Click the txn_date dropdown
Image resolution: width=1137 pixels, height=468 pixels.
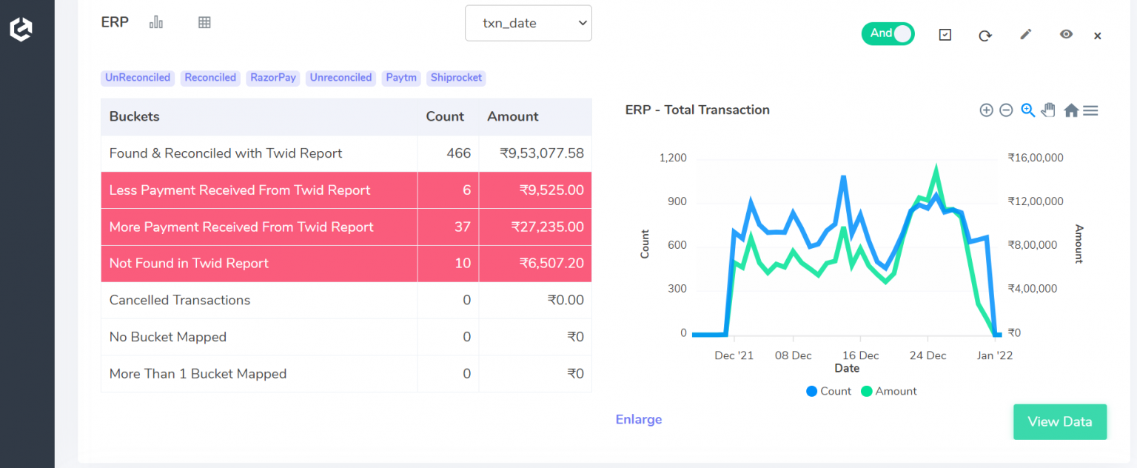pyautogui.click(x=528, y=24)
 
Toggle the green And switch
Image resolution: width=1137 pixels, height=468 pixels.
pyautogui.click(x=888, y=33)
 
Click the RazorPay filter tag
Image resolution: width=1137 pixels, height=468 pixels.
pyautogui.click(x=273, y=78)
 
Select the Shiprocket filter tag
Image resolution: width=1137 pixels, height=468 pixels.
pyautogui.click(x=456, y=78)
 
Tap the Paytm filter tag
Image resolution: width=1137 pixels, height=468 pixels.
pyautogui.click(x=401, y=78)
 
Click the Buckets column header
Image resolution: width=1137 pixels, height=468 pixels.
pyautogui.click(x=135, y=116)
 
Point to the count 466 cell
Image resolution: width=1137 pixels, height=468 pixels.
pyautogui.click(x=458, y=153)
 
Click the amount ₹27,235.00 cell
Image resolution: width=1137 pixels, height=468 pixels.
pyautogui.click(x=547, y=227)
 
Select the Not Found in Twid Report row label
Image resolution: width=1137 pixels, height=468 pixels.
pyautogui.click(x=189, y=264)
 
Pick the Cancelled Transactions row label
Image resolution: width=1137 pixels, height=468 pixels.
pyautogui.click(x=180, y=300)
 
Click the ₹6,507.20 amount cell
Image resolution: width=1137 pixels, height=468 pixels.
pyautogui.click(x=551, y=264)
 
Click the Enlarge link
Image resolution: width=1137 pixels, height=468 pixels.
pyautogui.click(x=639, y=420)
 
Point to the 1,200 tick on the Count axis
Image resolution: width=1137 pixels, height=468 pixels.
pyautogui.click(x=673, y=158)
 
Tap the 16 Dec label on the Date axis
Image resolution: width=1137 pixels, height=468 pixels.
pyautogui.click(x=860, y=355)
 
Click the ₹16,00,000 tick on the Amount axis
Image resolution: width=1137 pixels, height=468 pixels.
pyautogui.click(x=1036, y=158)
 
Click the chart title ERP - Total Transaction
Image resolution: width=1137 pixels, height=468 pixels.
pyautogui.click(x=697, y=110)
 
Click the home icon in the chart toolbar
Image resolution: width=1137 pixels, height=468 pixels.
pyautogui.click(x=1070, y=110)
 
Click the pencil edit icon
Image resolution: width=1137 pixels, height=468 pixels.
pyautogui.click(x=1025, y=34)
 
